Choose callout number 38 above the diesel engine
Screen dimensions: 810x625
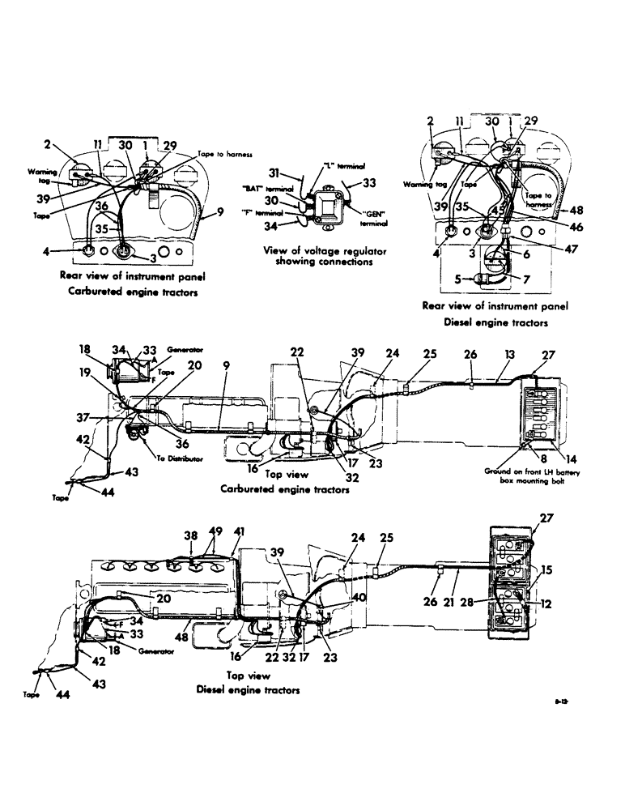point(190,535)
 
